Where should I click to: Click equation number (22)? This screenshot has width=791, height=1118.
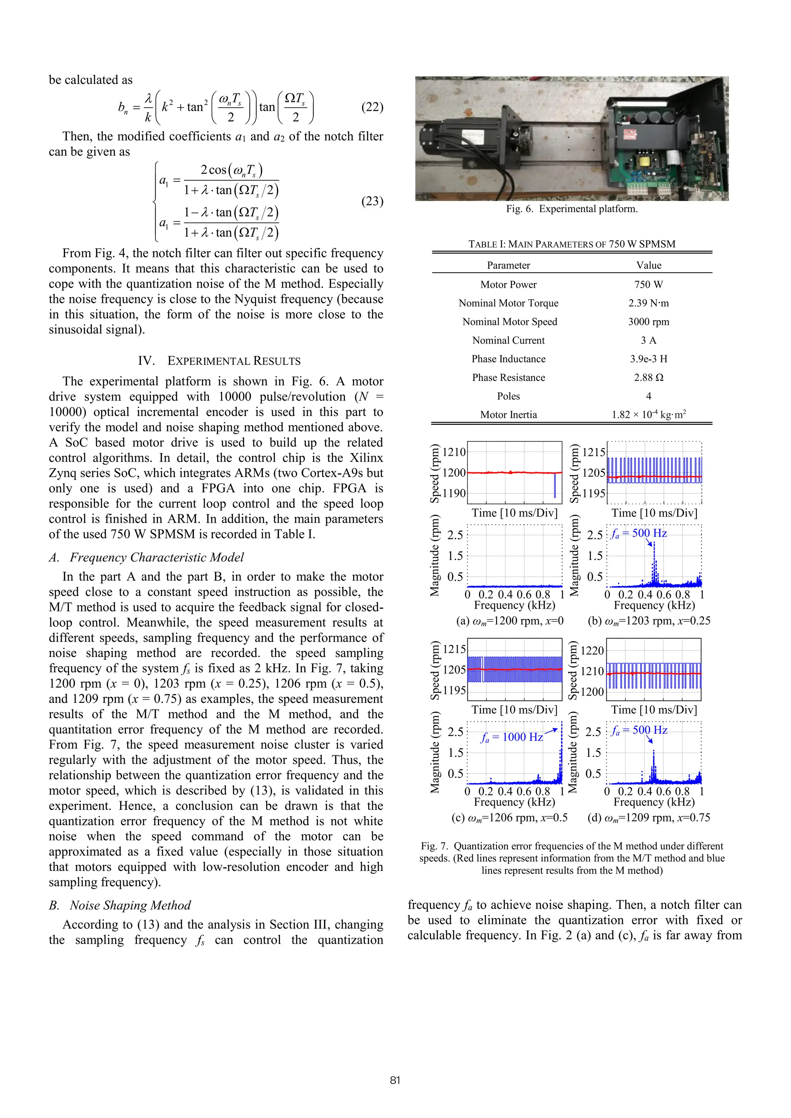pyautogui.click(x=372, y=107)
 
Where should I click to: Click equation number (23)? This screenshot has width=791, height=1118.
pyautogui.click(x=372, y=201)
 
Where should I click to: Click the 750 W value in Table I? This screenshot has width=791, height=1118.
pyautogui.click(x=648, y=284)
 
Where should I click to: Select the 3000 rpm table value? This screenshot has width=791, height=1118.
pyautogui.click(x=648, y=322)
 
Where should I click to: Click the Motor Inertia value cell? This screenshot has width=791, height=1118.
pyautogui.click(x=648, y=415)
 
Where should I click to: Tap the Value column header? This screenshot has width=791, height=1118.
pyautogui.click(x=648, y=265)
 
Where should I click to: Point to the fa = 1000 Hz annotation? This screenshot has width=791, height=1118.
pyautogui.click(x=511, y=737)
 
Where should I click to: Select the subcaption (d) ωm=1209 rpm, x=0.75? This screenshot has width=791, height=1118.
pyautogui.click(x=648, y=818)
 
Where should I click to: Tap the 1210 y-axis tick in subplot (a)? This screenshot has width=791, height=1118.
pyautogui.click(x=454, y=452)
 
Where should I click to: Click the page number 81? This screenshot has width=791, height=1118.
pyautogui.click(x=395, y=1080)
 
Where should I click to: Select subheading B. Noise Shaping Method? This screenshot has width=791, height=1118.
pyautogui.click(x=120, y=905)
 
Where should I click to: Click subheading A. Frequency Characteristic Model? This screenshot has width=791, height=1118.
pyautogui.click(x=146, y=558)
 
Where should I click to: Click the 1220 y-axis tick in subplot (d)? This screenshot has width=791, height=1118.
pyautogui.click(x=593, y=651)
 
